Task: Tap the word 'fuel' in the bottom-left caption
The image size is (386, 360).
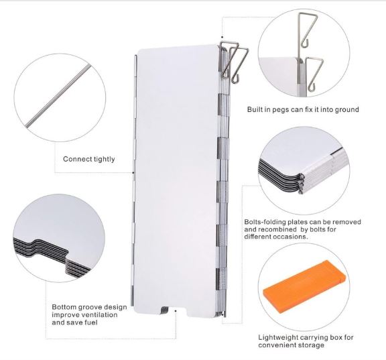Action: [92, 322]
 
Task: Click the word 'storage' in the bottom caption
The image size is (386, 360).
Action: [311, 345]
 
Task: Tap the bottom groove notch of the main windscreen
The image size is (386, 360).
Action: [176, 312]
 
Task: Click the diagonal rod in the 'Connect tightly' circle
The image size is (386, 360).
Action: [58, 96]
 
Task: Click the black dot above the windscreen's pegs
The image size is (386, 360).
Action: [222, 38]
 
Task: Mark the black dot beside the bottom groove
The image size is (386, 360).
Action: [176, 311]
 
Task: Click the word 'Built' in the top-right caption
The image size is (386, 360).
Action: [255, 109]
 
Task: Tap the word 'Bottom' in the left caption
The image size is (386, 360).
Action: [64, 307]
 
